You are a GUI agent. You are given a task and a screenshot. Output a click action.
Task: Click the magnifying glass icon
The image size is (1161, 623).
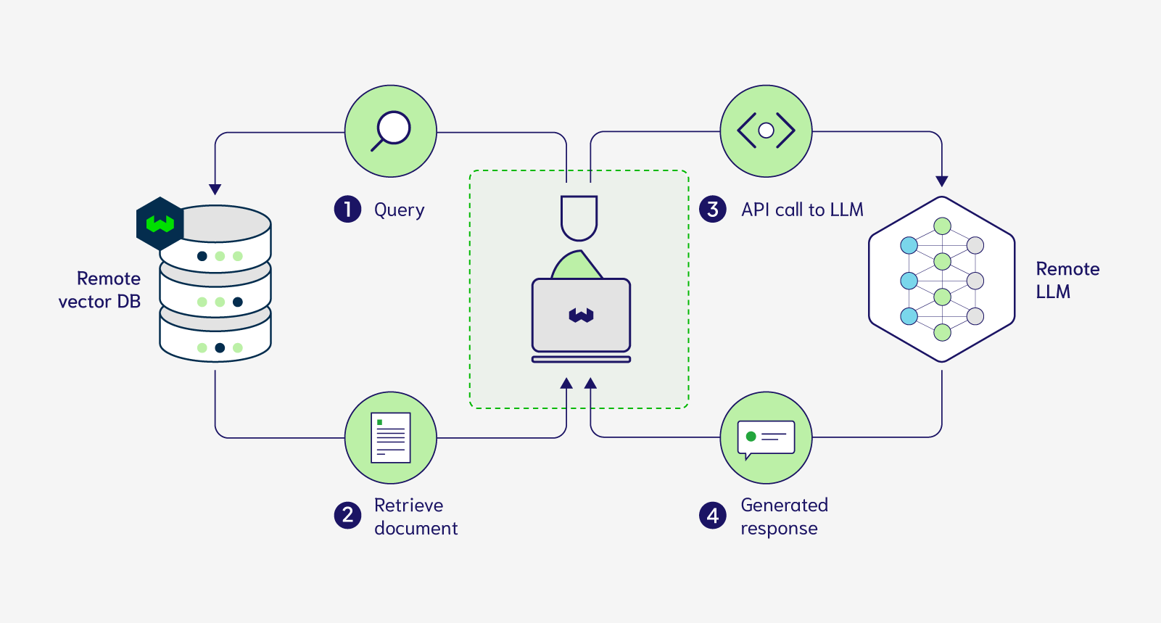click(391, 131)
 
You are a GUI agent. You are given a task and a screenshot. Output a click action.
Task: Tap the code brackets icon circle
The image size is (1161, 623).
click(766, 131)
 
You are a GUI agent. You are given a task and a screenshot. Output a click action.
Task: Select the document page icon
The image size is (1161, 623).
click(391, 437)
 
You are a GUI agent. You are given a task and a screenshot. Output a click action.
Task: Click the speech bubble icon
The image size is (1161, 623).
click(766, 438)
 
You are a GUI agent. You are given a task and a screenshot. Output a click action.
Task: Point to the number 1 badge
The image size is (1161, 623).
click(347, 210)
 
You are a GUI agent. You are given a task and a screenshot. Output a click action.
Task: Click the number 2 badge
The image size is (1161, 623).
click(347, 516)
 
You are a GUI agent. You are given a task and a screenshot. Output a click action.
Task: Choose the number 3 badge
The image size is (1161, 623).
click(713, 210)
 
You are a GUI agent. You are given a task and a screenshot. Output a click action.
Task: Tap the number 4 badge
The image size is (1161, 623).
click(713, 516)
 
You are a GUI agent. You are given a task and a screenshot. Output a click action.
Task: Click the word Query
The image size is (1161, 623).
click(399, 210)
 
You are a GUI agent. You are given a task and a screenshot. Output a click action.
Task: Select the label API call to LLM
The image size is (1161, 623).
click(802, 210)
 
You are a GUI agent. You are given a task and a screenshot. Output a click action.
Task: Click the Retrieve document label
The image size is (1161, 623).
click(416, 516)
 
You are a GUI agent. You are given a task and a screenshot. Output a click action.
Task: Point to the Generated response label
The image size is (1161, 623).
click(784, 516)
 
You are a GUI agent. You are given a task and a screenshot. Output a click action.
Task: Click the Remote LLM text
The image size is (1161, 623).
click(1067, 280)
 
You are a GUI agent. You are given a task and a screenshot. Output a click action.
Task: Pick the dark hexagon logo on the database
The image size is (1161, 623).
click(160, 223)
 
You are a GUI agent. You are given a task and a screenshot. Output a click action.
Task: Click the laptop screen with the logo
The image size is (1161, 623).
click(581, 315)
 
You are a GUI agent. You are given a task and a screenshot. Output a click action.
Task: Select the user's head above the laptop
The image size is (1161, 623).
click(579, 217)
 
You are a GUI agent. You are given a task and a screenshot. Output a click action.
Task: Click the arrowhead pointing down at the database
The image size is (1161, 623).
click(215, 189)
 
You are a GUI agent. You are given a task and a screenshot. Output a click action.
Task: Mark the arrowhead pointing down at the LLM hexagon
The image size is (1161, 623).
click(942, 181)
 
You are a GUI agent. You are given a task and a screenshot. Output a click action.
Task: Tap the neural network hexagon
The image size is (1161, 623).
click(942, 279)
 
